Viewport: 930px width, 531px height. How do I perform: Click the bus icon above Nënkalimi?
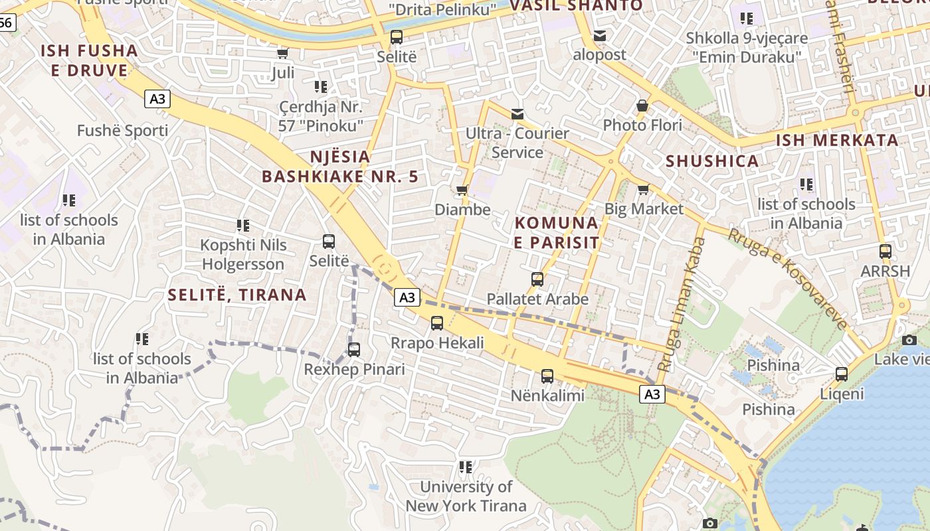547,376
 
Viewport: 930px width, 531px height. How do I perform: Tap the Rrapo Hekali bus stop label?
437,343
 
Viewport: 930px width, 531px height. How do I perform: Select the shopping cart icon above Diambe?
462,190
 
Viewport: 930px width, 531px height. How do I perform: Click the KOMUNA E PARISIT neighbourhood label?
557,232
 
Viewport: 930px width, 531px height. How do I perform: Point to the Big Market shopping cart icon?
643,190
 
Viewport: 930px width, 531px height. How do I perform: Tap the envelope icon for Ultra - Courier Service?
517,114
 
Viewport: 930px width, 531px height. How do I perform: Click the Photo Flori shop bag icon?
642,106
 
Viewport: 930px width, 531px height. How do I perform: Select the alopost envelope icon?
600,35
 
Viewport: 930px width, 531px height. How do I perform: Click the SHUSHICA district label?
712,161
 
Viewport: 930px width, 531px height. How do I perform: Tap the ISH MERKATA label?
837,140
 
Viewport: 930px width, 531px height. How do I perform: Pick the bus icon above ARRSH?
885,252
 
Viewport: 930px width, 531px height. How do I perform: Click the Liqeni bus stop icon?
842,374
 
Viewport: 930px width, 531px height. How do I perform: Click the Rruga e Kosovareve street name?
788,277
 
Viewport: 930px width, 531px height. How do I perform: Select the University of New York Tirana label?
466,496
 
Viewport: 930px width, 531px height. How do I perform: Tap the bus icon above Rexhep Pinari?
354,350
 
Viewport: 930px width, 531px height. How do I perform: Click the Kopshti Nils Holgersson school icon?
243,226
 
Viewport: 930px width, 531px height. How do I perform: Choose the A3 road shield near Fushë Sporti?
157,99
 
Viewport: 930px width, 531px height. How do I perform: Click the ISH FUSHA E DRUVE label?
89,60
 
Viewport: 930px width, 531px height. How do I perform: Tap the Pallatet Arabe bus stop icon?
537,279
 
